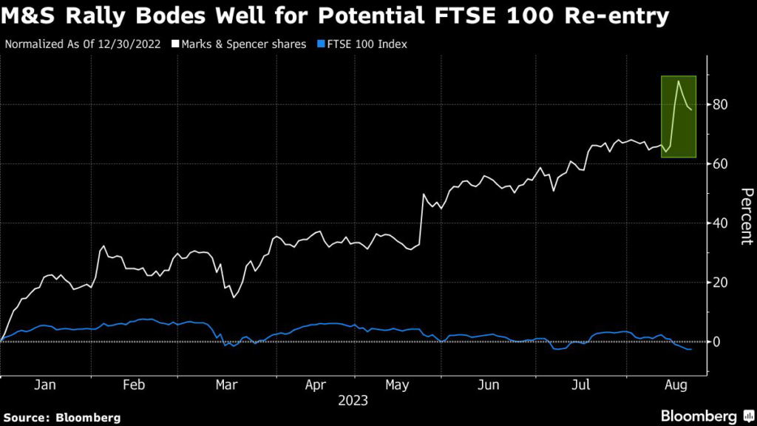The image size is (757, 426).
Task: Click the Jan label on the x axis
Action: coord(45,385)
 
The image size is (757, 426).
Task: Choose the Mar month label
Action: coord(225,385)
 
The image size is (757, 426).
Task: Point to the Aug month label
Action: coord(675,385)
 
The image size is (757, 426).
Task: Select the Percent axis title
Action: coord(745,215)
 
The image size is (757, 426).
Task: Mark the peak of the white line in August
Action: coord(678,81)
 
